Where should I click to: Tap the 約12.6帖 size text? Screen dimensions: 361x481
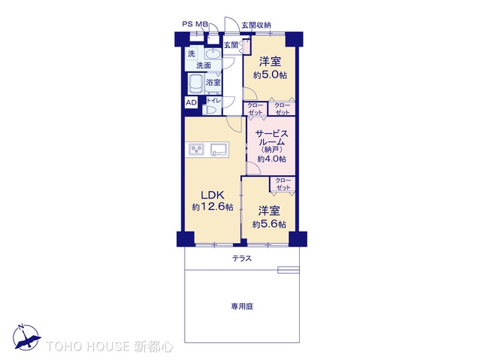point(212,207)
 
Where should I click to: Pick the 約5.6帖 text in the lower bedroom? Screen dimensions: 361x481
point(268,224)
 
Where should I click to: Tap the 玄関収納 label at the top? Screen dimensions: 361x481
point(256,25)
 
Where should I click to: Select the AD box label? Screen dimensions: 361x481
point(191,102)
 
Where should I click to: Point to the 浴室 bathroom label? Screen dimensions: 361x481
point(213,83)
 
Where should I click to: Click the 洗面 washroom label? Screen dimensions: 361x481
point(204,65)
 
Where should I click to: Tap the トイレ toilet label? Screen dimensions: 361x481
point(213,101)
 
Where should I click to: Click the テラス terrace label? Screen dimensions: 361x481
point(242,259)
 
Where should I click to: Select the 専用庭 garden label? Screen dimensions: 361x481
point(242,307)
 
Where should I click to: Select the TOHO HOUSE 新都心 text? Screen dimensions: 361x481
point(110,347)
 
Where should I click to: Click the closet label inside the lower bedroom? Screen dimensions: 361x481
point(283,184)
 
